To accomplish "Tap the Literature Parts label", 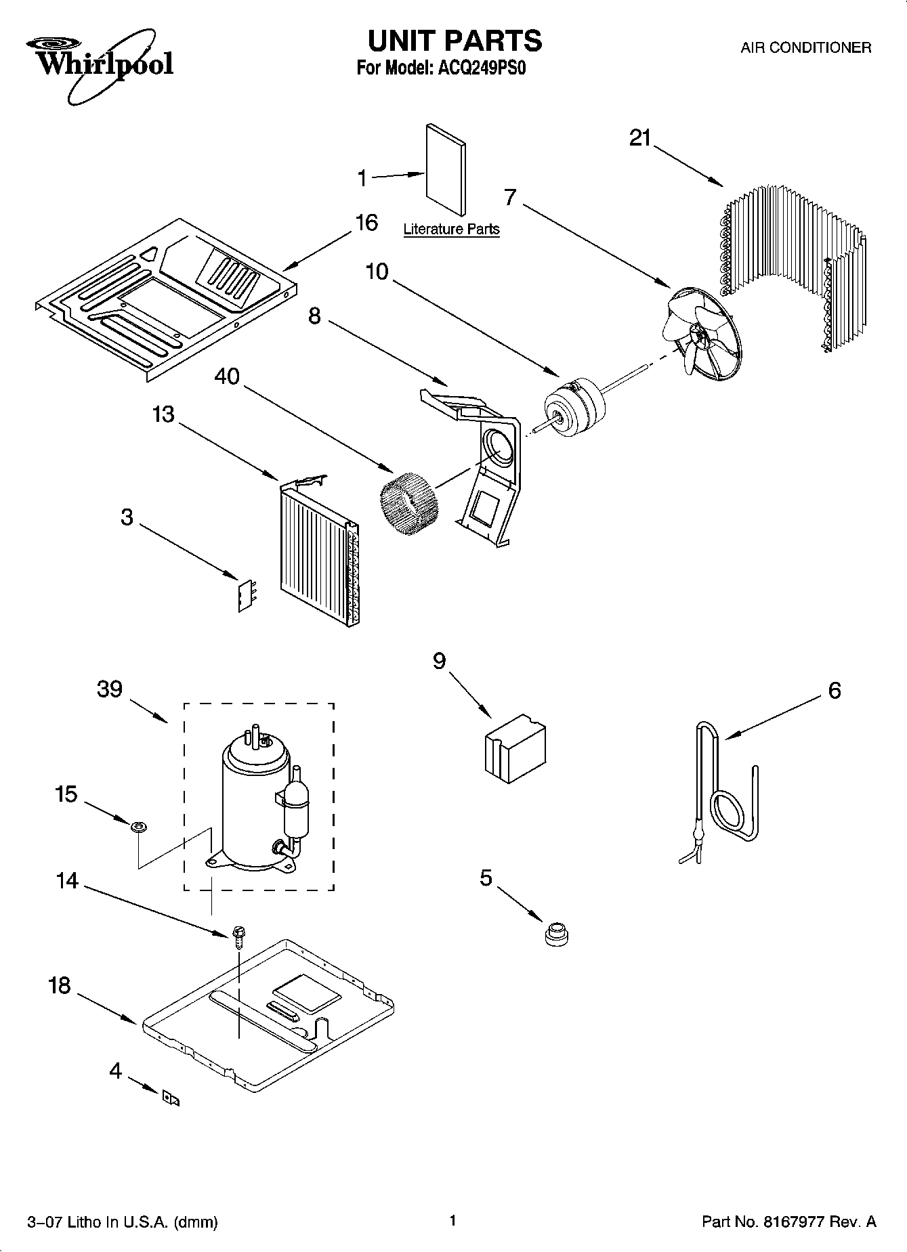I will (451, 229).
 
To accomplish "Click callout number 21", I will (639, 138).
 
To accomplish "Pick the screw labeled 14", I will (238, 936).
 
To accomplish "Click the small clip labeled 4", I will (170, 1098).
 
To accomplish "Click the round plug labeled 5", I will (556, 934).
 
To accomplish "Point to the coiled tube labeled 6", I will (728, 799).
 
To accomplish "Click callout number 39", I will (109, 689).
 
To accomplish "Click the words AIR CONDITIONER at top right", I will (805, 47).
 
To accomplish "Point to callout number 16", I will (366, 223).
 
